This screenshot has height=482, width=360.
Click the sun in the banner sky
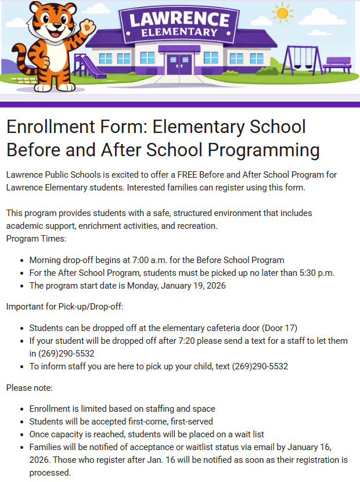[283, 12]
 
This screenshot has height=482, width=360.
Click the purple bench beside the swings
[337, 64]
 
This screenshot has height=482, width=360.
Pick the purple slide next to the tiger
[87, 67]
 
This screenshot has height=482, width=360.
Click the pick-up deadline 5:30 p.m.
[315, 273]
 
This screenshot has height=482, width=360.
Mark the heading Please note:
[29, 387]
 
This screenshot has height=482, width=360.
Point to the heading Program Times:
[35, 238]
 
